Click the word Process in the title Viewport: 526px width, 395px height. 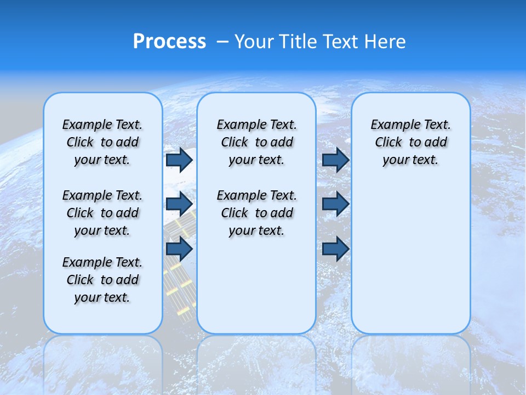click(169, 41)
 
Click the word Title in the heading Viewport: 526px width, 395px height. click(299, 42)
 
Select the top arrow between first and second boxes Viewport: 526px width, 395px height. click(179, 160)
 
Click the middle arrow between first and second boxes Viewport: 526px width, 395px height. click(179, 204)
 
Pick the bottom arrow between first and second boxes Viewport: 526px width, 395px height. click(179, 249)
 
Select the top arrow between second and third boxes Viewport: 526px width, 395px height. click(335, 160)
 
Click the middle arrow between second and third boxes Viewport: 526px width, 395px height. click(335, 204)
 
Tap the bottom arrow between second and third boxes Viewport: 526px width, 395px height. click(335, 249)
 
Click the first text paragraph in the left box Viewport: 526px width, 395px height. click(102, 142)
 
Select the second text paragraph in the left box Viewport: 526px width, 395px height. click(102, 213)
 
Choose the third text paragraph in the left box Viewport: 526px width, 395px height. click(102, 280)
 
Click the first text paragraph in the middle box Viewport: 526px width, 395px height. click(256, 142)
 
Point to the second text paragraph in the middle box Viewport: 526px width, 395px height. click(256, 213)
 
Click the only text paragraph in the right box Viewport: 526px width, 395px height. click(410, 142)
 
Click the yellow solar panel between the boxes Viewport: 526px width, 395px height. click(180, 280)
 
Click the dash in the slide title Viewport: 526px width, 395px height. click(223, 42)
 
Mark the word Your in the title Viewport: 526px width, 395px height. click(254, 42)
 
